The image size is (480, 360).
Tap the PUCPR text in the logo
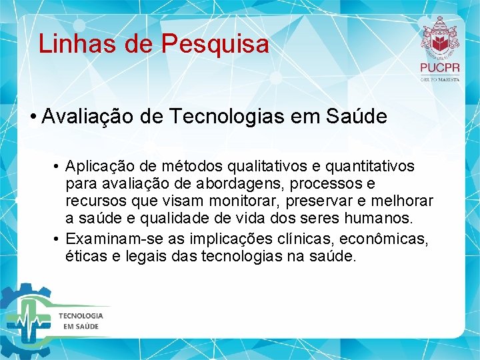439,67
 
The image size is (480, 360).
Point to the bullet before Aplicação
59,166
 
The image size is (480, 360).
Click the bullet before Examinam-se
59,238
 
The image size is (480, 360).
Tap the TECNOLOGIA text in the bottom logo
81,315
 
